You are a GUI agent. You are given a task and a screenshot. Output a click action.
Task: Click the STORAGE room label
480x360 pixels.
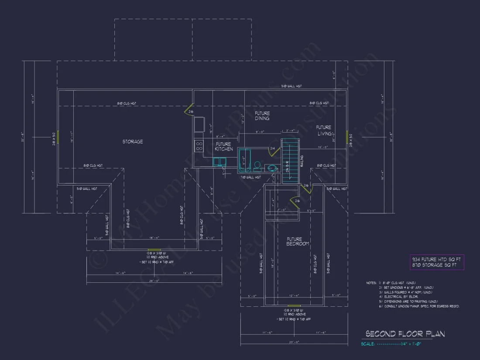pos(132,141)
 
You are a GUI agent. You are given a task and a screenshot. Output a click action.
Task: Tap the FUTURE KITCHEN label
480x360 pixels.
pos(223,147)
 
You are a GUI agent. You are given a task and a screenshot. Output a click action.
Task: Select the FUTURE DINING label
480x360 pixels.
pos(262,116)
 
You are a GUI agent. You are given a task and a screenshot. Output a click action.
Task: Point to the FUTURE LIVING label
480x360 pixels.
pos(323,130)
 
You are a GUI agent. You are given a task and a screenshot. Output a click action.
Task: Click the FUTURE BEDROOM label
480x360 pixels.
pos(298,241)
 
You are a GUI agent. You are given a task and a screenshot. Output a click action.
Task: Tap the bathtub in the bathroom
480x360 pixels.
pos(243,160)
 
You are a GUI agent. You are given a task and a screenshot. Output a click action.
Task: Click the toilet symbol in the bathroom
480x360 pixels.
pos(257,166)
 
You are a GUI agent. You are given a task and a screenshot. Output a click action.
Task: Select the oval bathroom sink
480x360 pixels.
pos(272,168)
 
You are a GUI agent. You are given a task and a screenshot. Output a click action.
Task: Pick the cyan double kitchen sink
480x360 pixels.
pos(219,162)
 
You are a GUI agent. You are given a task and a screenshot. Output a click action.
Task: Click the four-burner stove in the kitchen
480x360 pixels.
pos(199,146)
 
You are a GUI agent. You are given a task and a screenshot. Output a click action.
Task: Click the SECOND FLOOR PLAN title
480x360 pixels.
pos(405,334)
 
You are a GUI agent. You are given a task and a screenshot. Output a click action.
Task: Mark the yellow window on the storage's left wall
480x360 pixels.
pos(58,137)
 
